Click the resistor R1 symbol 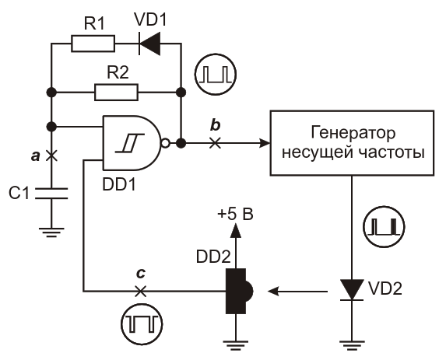[x=93, y=44]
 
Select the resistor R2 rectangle [x=116, y=92]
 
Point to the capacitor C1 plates [x=51, y=193]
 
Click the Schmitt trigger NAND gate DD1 [x=131, y=143]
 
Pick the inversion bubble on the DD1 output [x=165, y=143]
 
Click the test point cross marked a [x=51, y=156]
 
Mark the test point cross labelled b [x=215, y=142]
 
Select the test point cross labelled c [x=140, y=291]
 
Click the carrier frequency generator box [x=352, y=143]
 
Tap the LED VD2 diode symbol [x=352, y=290]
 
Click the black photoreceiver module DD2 [x=239, y=291]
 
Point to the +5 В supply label [x=235, y=215]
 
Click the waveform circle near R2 [x=216, y=74]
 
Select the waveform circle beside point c [x=142, y=324]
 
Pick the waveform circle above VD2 [x=385, y=226]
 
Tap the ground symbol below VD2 [x=352, y=344]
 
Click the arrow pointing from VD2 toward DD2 [x=297, y=292]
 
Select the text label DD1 [x=119, y=185]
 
